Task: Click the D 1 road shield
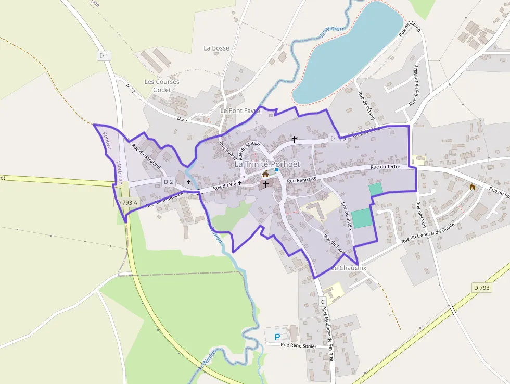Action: (x=104, y=55)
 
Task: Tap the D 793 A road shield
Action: (x=127, y=202)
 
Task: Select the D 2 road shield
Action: (x=168, y=182)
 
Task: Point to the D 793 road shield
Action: (x=482, y=287)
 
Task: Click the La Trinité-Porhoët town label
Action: (x=267, y=164)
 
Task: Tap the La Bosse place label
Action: (x=216, y=48)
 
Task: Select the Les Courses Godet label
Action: (x=162, y=85)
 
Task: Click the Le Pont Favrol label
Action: (x=240, y=111)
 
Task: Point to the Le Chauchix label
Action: (x=349, y=268)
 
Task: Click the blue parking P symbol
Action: (x=277, y=337)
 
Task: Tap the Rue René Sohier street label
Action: (x=298, y=345)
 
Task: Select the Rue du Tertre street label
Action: (x=385, y=167)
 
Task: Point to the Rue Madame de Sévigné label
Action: (x=328, y=333)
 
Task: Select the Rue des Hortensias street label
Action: (x=415, y=85)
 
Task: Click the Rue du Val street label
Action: (x=226, y=185)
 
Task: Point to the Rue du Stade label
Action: (x=347, y=216)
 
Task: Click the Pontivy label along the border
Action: (x=107, y=140)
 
